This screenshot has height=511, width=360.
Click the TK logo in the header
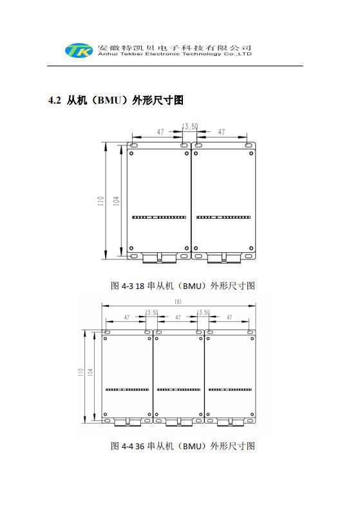point(79,50)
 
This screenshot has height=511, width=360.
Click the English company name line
point(175,54)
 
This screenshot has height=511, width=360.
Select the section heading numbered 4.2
point(116,100)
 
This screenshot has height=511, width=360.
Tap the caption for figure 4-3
point(183,286)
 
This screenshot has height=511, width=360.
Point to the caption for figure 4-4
point(183,446)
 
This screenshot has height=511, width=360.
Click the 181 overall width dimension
point(178,302)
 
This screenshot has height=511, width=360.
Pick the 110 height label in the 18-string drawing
point(100,201)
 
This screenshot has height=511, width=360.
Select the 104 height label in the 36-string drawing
point(90,372)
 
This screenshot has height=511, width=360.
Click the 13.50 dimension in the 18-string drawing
point(190,126)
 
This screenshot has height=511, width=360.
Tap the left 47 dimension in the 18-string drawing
point(160,132)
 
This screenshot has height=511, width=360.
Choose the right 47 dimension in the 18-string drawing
point(222,132)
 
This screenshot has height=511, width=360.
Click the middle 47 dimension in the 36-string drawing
point(178,317)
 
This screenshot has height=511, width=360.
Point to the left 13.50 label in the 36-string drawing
point(151,313)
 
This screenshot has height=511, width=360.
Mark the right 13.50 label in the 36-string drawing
point(203,313)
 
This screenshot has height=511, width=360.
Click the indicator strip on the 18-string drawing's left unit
point(159,218)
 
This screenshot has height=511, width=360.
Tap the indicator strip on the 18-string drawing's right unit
point(223,218)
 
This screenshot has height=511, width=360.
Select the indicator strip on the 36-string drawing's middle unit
point(178,389)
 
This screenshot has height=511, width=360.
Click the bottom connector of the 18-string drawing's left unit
point(160,258)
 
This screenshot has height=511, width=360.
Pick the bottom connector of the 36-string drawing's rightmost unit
point(230,422)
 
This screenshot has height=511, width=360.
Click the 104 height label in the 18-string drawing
point(116,201)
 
